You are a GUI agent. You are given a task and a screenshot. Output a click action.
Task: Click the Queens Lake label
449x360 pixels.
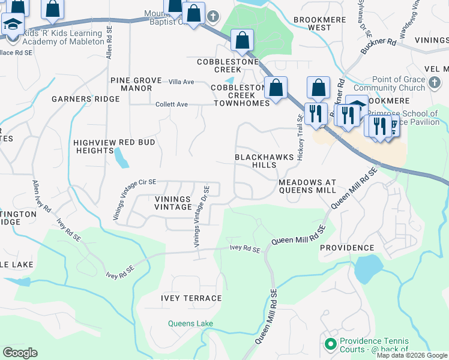tap(190, 324)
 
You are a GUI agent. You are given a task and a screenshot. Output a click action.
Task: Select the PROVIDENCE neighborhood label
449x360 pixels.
tap(346, 248)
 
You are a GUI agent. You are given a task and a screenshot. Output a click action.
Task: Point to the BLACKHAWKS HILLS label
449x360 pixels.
tap(264, 161)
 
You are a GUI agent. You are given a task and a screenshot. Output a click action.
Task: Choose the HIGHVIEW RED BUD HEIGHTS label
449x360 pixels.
tap(114, 146)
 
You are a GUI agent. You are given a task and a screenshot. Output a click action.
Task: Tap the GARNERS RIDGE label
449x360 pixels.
tap(78, 98)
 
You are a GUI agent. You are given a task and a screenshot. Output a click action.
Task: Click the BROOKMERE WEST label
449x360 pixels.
tap(312, 23)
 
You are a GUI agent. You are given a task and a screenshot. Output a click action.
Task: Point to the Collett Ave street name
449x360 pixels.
tap(172, 104)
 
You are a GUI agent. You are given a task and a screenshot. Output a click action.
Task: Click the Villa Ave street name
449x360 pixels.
tap(181, 82)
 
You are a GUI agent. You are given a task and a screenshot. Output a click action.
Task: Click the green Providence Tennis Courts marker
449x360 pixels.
tap(329, 344)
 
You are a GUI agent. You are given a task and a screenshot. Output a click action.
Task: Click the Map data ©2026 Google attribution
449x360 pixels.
tap(412, 355)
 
